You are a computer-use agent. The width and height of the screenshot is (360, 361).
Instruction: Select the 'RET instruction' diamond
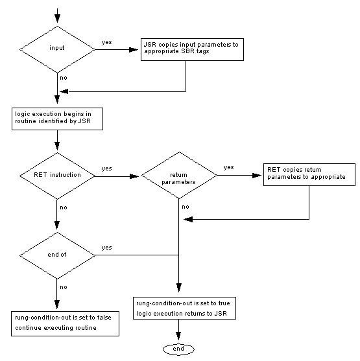coord(58,175)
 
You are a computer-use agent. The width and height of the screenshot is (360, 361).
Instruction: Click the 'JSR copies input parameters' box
coord(191,51)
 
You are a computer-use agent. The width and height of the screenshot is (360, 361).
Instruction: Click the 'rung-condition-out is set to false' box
coord(65,323)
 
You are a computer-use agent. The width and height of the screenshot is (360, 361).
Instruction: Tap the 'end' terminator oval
coord(178,349)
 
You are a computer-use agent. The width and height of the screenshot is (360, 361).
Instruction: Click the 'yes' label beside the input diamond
coord(106,43)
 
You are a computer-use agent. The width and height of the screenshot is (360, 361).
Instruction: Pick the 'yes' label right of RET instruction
coord(106,169)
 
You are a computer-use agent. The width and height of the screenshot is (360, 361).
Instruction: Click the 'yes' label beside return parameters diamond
coord(228,167)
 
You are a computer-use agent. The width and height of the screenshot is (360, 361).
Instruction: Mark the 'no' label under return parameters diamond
coord(186,207)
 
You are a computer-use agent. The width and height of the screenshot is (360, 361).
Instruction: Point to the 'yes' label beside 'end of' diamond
coord(106,248)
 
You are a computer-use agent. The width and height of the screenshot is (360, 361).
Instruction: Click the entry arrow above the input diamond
coord(58,14)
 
